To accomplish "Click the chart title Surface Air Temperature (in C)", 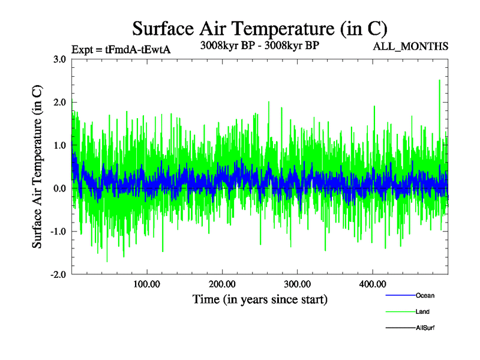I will pyautogui.click(x=260, y=28).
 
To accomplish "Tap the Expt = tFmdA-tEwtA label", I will pyautogui.click(x=121, y=49).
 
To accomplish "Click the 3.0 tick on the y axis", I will pyautogui.click(x=59, y=59).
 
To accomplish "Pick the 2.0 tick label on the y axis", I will pyautogui.click(x=59, y=103).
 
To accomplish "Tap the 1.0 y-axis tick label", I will pyautogui.click(x=59, y=146).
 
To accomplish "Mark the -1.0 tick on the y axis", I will pyautogui.click(x=58, y=232).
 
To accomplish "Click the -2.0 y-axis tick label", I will pyautogui.click(x=58, y=275).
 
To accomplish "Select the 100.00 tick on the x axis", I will pyautogui.click(x=147, y=284).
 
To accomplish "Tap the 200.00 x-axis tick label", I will pyautogui.click(x=222, y=284).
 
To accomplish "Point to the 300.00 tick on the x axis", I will pyautogui.click(x=297, y=284).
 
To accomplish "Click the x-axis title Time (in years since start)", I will pyautogui.click(x=260, y=299).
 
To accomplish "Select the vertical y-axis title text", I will pyautogui.click(x=37, y=167).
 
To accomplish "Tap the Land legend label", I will pyautogui.click(x=423, y=312).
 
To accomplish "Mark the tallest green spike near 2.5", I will pyautogui.click(x=440, y=81).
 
